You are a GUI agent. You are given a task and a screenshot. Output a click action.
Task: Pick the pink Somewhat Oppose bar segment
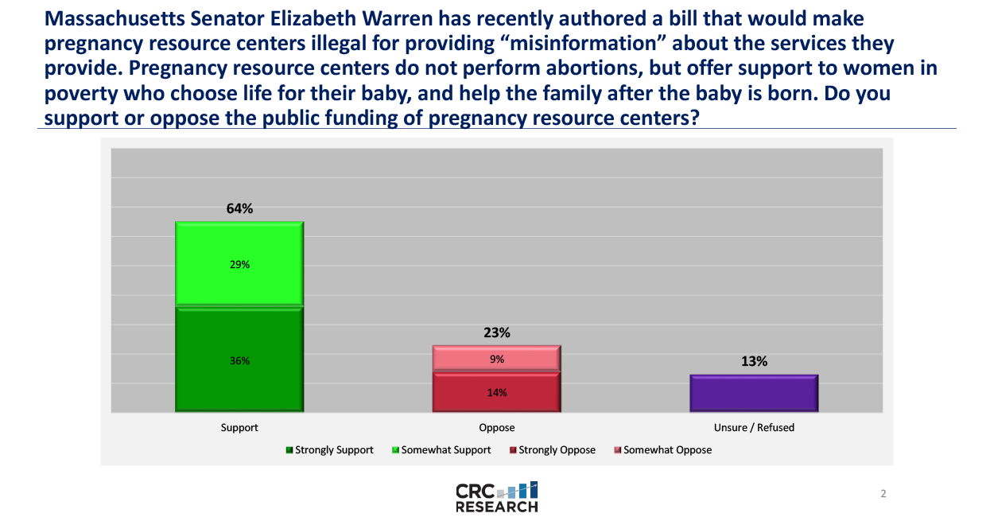pyautogui.click(x=497, y=358)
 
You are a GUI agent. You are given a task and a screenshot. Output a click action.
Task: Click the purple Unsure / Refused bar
pyautogui.click(x=754, y=393)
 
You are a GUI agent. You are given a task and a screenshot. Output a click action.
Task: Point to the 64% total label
pyautogui.click(x=239, y=209)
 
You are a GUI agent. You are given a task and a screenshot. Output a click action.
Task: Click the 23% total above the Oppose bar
pyautogui.click(x=497, y=333)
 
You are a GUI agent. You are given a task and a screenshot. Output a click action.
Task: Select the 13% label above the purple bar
pyautogui.click(x=754, y=361)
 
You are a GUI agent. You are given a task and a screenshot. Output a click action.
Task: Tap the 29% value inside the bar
pyautogui.click(x=239, y=265)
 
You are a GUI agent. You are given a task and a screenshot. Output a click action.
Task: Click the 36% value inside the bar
pyautogui.click(x=239, y=360)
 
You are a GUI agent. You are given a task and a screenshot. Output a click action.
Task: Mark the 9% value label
pyautogui.click(x=497, y=359)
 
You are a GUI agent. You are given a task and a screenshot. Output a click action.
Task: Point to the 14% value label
pyautogui.click(x=497, y=392)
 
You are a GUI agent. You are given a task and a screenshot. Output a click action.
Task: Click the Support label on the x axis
pyautogui.click(x=239, y=427)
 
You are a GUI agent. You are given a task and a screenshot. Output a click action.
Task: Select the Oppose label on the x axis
pyautogui.click(x=497, y=427)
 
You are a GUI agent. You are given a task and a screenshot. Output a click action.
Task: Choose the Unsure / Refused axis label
pyautogui.click(x=754, y=427)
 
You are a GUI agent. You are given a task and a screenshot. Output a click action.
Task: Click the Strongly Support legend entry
pyautogui.click(x=329, y=450)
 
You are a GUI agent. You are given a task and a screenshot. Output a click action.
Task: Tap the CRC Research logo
pyautogui.click(x=497, y=496)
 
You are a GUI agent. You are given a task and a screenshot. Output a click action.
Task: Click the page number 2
pyautogui.click(x=883, y=494)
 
